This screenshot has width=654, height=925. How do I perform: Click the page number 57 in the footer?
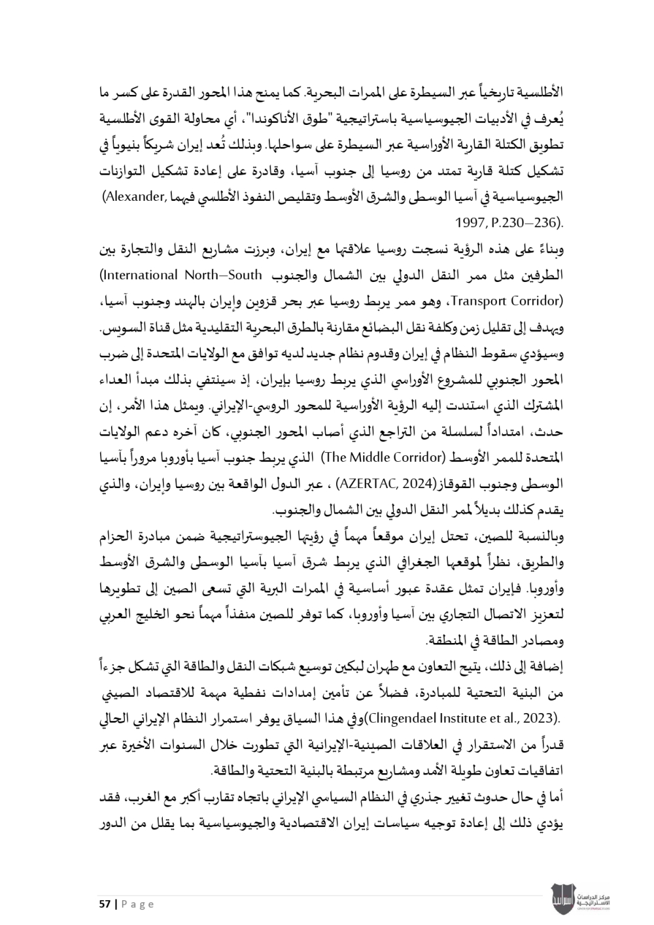pos(103,904)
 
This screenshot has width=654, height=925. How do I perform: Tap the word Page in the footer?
pos(137,904)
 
